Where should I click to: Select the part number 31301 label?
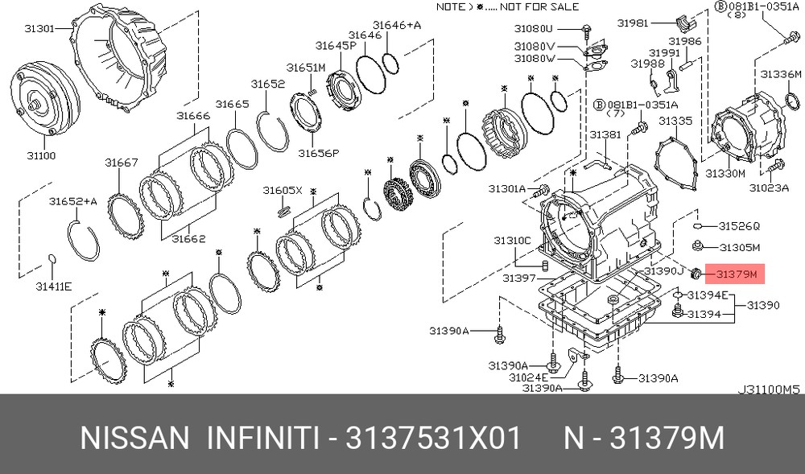click(x=39, y=29)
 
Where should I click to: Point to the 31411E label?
click(x=53, y=286)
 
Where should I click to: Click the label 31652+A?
click(x=73, y=201)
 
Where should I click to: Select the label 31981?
click(x=633, y=23)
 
